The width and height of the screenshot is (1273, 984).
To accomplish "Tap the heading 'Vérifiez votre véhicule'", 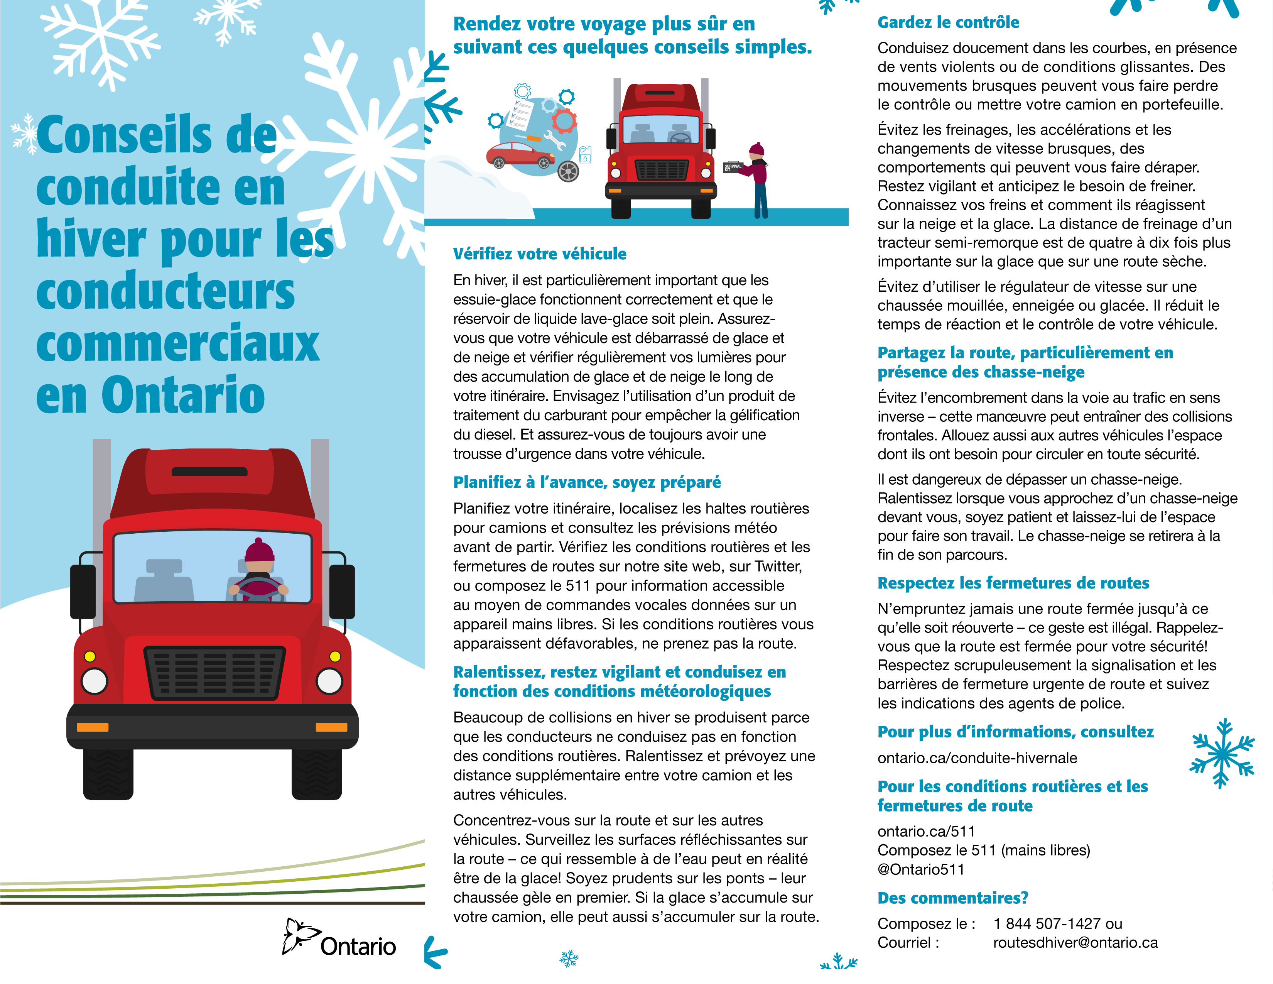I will tap(540, 254).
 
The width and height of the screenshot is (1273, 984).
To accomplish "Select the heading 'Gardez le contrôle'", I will tap(948, 23).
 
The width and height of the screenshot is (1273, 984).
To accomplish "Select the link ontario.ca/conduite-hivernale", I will tap(977, 758).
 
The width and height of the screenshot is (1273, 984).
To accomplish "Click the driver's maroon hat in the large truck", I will tap(259, 550).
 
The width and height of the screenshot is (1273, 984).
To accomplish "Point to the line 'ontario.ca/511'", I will tap(926, 831).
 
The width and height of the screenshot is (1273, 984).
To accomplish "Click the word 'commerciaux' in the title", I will tap(178, 343).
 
